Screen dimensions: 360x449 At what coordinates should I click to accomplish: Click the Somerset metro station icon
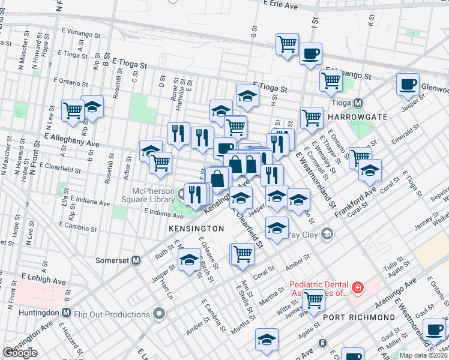(x=136, y=260)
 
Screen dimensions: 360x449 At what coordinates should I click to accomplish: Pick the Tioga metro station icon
(x=358, y=103)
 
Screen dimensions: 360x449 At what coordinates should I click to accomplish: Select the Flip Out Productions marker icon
(x=159, y=314)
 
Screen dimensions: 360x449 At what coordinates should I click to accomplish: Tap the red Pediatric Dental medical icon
(x=358, y=289)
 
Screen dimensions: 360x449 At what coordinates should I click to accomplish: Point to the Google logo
(x=20, y=353)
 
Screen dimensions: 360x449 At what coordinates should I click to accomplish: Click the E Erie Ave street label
(x=280, y=5)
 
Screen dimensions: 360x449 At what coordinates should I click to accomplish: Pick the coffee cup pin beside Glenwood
(x=408, y=84)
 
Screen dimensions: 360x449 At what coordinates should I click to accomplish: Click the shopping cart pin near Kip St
(x=73, y=110)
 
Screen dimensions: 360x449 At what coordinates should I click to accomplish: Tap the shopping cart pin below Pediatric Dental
(x=313, y=299)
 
